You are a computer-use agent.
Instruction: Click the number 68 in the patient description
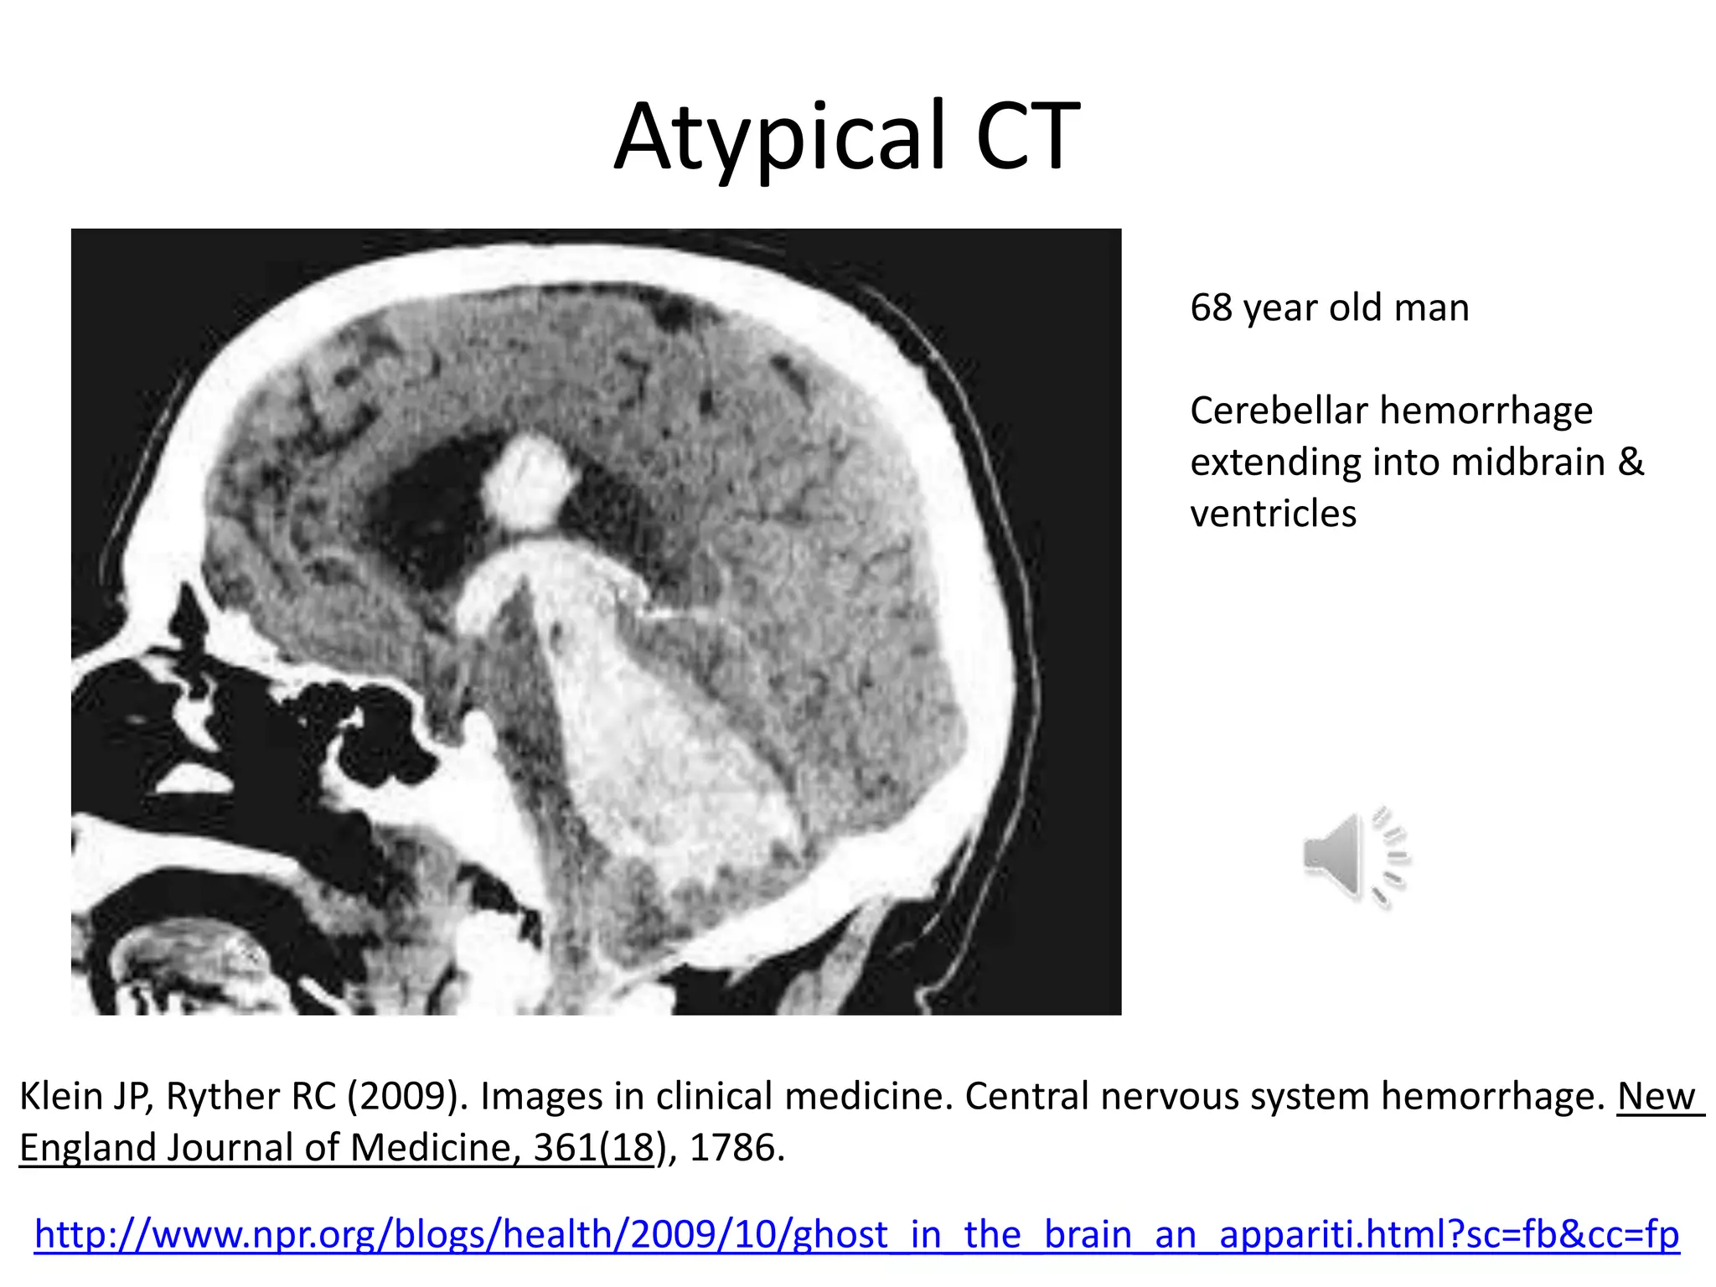pyautogui.click(x=1211, y=308)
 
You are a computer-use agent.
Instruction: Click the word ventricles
pyautogui.click(x=1273, y=514)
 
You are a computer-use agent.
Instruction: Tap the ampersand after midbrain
pyautogui.click(x=1631, y=463)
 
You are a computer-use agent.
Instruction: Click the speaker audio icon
pyautogui.click(x=1356, y=856)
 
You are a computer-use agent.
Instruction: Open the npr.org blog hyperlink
pyautogui.click(x=856, y=1234)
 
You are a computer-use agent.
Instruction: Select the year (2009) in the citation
pyautogui.click(x=403, y=1096)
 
